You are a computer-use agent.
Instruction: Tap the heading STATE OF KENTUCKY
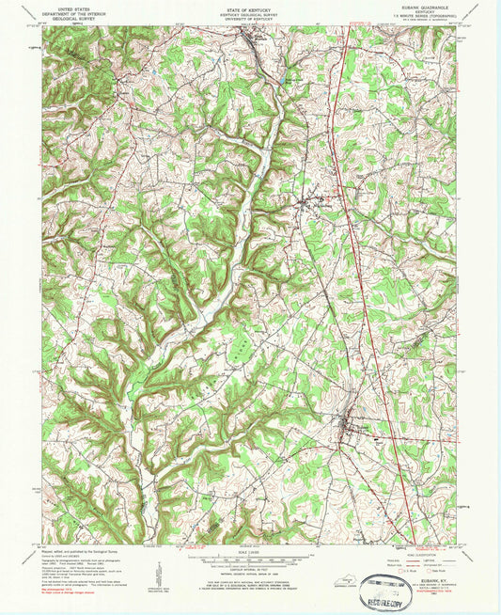(x=250, y=6)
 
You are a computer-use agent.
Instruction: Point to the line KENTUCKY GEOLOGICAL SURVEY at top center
(x=250, y=10)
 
